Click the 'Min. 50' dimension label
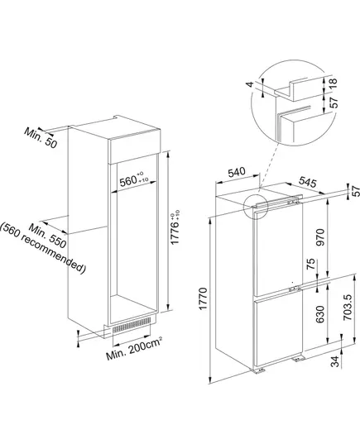pos(41,137)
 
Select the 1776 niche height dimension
pos(175,227)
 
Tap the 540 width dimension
pos(237,172)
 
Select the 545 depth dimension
pos(307,182)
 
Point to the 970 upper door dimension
pos(320,237)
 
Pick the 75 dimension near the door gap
pos(311,264)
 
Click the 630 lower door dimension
pos(320,314)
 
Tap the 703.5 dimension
pos(348,308)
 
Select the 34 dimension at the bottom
pos(335,361)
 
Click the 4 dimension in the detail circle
pos(250,84)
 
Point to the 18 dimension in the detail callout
pos(334,84)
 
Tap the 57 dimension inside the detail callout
pos(335,103)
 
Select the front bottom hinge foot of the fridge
pos(258,370)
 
